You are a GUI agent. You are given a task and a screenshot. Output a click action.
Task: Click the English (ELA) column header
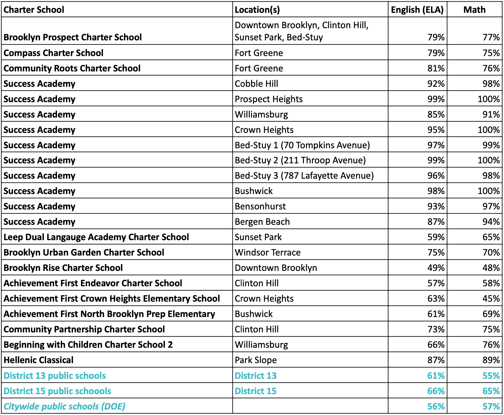417,10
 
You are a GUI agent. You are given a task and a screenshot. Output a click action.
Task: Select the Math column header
474,10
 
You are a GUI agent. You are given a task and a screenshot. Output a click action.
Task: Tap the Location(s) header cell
257,10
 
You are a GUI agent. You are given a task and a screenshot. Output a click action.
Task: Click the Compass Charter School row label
53,53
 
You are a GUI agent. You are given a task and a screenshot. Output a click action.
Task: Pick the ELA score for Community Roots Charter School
436,68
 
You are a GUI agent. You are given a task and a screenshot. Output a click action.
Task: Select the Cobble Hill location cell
256,84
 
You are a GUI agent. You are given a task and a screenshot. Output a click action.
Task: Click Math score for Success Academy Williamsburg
491,114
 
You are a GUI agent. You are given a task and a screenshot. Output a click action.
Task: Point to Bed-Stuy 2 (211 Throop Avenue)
300,160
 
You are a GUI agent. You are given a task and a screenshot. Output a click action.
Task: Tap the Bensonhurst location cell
260,206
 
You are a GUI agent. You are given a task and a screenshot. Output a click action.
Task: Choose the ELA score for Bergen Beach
436,222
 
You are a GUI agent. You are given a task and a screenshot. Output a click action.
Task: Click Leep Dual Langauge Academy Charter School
96,237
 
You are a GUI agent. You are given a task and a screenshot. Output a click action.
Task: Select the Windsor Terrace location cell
268,252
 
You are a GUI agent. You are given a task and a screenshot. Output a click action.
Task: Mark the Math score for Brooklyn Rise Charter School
491,268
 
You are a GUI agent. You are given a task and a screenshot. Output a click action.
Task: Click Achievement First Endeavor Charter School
93,283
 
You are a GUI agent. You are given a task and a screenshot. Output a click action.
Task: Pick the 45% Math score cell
491,298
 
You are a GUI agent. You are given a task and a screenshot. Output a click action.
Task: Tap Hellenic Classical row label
38,360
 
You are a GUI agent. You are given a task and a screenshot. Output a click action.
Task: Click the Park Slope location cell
256,360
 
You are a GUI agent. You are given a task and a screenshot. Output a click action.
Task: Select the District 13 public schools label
55,376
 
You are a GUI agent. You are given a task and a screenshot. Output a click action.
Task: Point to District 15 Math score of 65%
491,391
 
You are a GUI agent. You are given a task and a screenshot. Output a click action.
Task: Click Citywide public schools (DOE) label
64,406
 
